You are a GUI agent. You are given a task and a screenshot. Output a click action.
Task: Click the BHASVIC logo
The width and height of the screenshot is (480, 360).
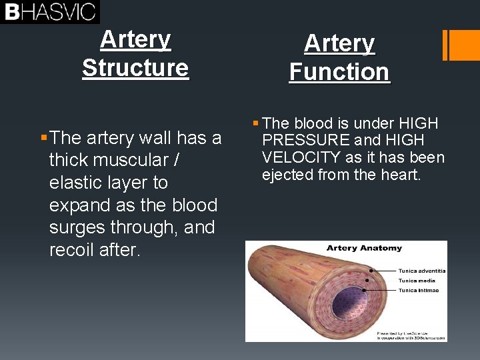click(x=50, y=11)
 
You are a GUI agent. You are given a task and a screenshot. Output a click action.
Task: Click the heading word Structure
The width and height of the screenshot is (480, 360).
click(x=135, y=68)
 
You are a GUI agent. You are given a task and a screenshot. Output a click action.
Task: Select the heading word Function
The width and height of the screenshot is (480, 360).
click(x=339, y=72)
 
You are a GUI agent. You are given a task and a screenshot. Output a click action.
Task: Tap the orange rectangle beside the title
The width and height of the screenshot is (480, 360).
click(x=461, y=45)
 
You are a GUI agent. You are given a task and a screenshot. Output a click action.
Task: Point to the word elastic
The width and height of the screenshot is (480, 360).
click(x=75, y=183)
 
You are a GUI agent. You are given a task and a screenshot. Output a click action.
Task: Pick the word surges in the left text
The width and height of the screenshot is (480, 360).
click(x=77, y=227)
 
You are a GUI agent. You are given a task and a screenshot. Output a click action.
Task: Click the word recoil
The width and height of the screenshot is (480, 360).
click(x=71, y=250)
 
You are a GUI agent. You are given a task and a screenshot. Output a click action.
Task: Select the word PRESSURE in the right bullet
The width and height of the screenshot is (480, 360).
click(x=306, y=140)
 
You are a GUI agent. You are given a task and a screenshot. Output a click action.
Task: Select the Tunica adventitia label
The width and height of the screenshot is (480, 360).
click(x=421, y=271)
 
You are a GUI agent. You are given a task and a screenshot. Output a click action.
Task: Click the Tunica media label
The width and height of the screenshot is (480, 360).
click(x=417, y=281)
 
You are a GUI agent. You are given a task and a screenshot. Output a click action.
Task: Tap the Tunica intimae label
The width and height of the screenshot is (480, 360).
click(x=418, y=291)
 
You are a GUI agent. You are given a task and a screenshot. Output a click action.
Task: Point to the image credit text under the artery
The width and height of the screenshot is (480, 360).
click(x=411, y=335)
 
